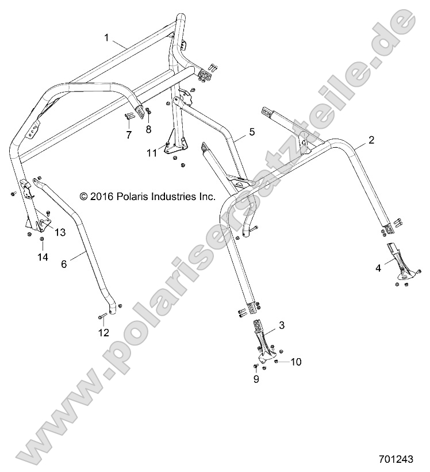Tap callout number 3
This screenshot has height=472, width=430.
pos(282,325)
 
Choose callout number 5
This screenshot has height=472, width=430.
pos(251,132)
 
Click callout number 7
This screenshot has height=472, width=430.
pos(129,135)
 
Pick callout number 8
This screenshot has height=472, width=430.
pos(149,129)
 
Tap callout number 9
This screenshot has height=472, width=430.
pos(256,379)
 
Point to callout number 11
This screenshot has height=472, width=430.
pos(152,152)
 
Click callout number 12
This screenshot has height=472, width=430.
pos(103,333)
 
